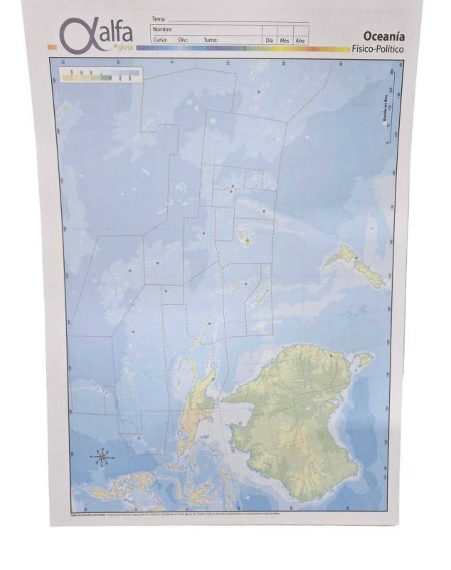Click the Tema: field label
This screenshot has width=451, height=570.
(x=159, y=18)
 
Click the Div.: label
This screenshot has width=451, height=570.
(x=183, y=41)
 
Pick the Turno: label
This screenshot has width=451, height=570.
(x=210, y=41)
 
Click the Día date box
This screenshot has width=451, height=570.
(x=270, y=40)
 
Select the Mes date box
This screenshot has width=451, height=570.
(x=285, y=40)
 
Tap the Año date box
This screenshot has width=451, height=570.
(x=300, y=40)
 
